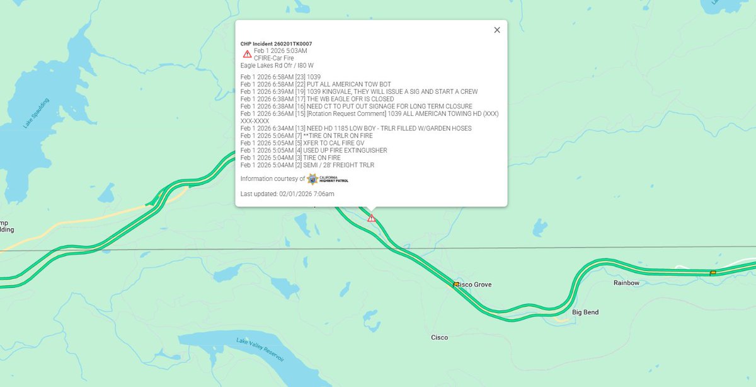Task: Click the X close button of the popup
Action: click(496, 30)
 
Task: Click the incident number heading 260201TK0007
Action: click(276, 43)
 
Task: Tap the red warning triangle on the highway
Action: click(372, 218)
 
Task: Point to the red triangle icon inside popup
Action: click(247, 54)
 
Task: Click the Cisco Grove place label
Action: click(473, 285)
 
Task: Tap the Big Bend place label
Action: click(585, 313)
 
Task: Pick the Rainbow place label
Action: click(626, 283)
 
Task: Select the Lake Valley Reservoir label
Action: click(260, 350)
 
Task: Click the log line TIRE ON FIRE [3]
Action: click(290, 158)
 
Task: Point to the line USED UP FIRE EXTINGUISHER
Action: click(314, 151)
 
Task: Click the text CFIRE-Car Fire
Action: click(273, 58)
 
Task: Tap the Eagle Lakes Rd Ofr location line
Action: click(277, 65)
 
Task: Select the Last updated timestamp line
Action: click(287, 193)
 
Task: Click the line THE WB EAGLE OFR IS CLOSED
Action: click(317, 99)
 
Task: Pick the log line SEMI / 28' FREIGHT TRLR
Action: click(307, 165)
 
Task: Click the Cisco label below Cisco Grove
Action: click(439, 338)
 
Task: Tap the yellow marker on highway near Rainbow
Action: click(713, 273)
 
